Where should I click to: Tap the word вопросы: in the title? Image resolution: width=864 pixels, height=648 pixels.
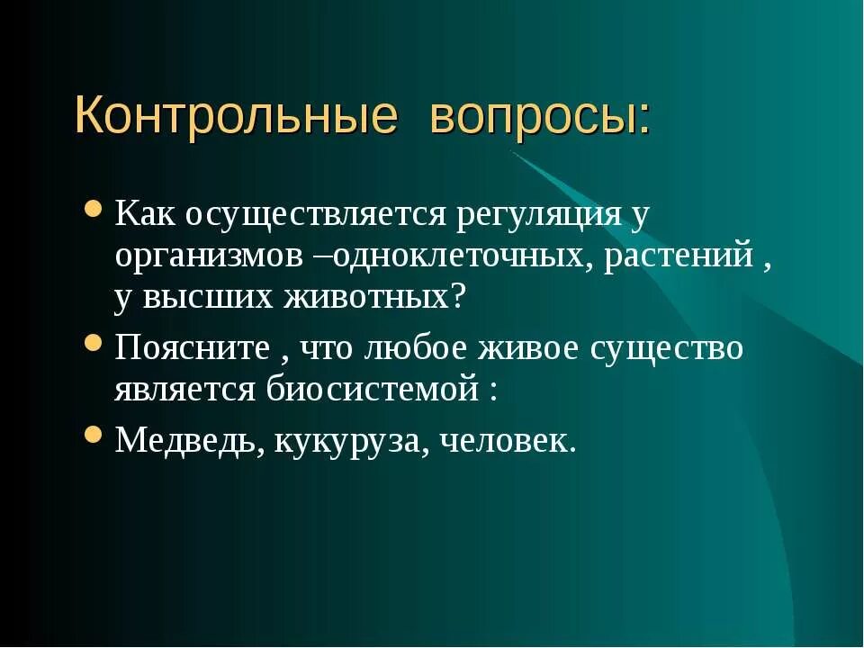[x=540, y=117]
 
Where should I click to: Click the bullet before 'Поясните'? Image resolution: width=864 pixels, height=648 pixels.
[x=93, y=343]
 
